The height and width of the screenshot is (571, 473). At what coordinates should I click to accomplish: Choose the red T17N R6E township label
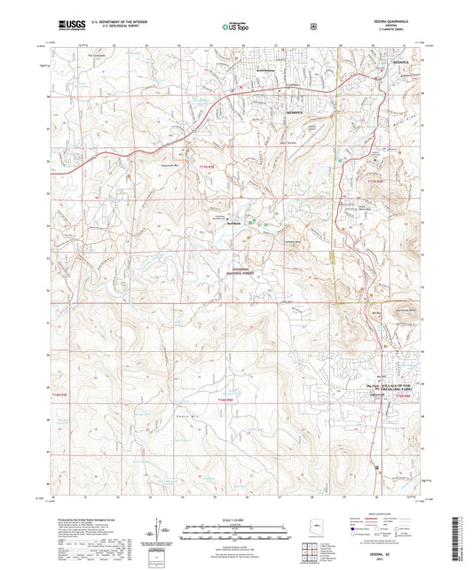[374, 181]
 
